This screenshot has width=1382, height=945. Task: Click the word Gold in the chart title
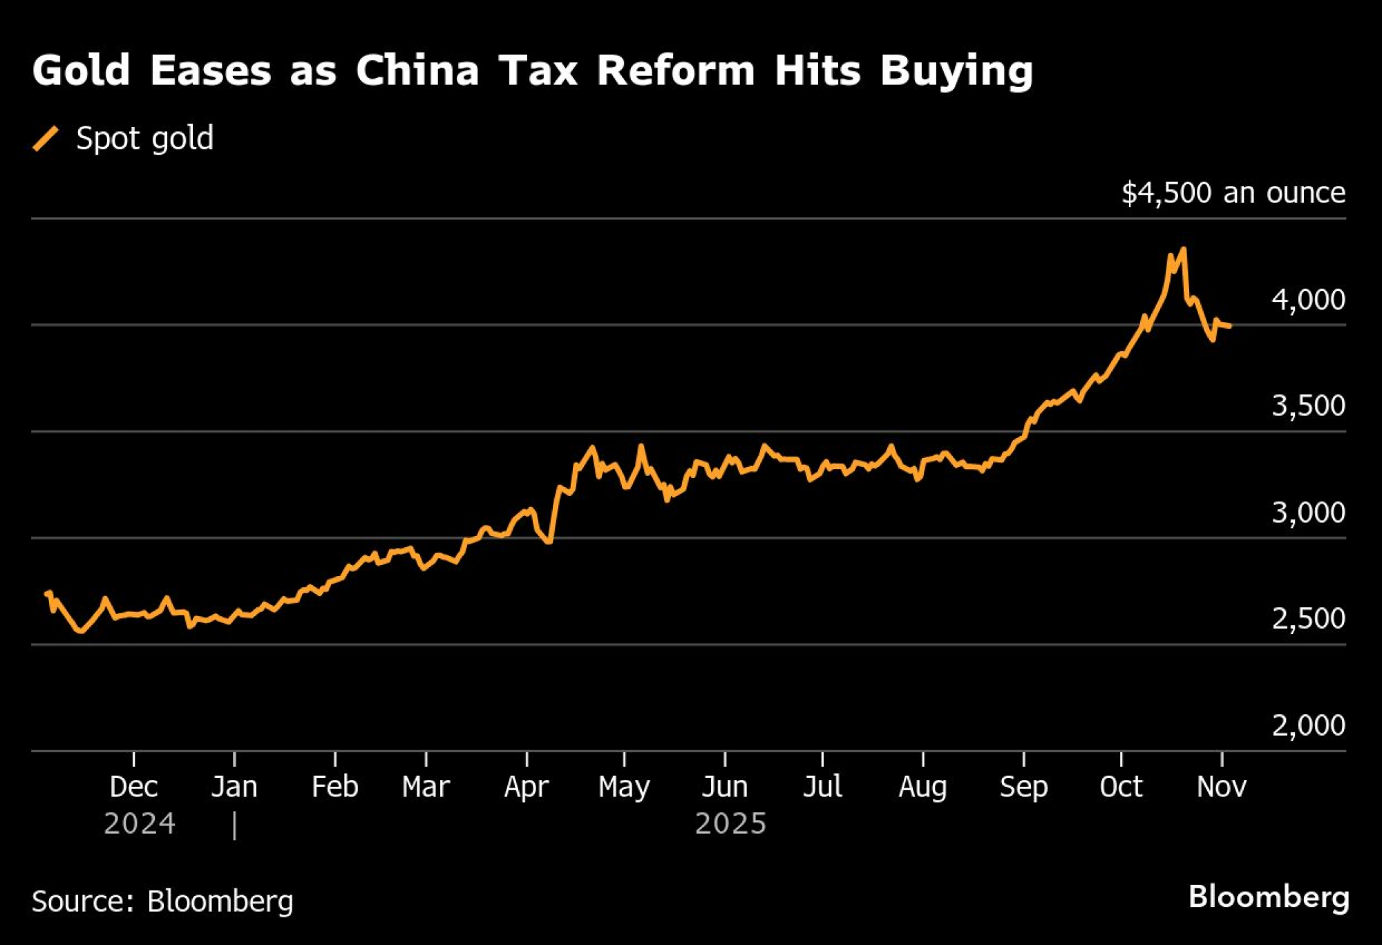pyautogui.click(x=81, y=70)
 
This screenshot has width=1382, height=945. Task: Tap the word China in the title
pyautogui.click(x=417, y=70)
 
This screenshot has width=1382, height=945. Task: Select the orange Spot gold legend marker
pyautogui.click(x=46, y=138)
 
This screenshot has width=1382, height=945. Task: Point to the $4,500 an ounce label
pyautogui.click(x=1233, y=193)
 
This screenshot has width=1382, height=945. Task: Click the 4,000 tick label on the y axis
pyautogui.click(x=1308, y=300)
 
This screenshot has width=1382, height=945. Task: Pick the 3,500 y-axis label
pyautogui.click(x=1308, y=406)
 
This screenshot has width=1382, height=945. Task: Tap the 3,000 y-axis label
pyautogui.click(x=1308, y=513)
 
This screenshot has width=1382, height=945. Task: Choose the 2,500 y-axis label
pyautogui.click(x=1308, y=619)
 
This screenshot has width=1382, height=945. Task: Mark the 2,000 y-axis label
pyautogui.click(x=1308, y=725)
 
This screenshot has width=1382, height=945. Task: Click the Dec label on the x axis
pyautogui.click(x=133, y=787)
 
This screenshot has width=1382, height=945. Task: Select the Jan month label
pyautogui.click(x=234, y=787)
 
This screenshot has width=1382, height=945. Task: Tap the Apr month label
pyautogui.click(x=527, y=787)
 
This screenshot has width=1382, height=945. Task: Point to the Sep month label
pyautogui.click(x=1023, y=787)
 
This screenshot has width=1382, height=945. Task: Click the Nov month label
pyautogui.click(x=1222, y=787)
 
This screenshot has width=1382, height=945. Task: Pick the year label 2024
pyautogui.click(x=140, y=823)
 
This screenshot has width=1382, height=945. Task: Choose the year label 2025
pyautogui.click(x=730, y=823)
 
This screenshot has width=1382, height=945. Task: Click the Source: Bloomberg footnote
pyautogui.click(x=162, y=901)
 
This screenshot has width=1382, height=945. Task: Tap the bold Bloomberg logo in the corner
pyautogui.click(x=1269, y=897)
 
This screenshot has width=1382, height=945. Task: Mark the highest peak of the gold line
pyautogui.click(x=1184, y=249)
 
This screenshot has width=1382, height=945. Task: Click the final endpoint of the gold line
pyautogui.click(x=1230, y=326)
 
